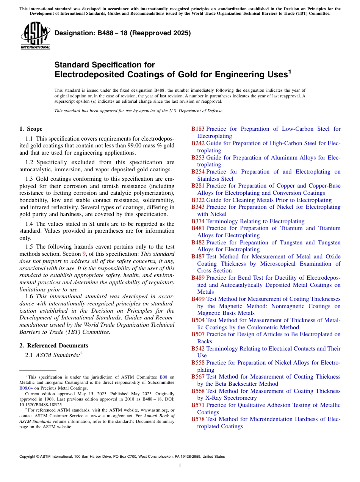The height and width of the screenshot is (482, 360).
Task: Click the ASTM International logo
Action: [x=35, y=36]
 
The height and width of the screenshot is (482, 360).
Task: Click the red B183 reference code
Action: [x=198, y=129]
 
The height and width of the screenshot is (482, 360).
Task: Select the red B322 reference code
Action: [x=198, y=200]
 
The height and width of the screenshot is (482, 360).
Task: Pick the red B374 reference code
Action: [x=198, y=221]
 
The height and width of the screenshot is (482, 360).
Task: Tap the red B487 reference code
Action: [x=198, y=257]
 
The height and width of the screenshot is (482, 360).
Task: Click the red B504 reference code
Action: [x=198, y=320]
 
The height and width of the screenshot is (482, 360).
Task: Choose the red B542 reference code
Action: [x=198, y=349]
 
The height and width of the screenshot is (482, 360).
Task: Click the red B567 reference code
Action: [x=198, y=377]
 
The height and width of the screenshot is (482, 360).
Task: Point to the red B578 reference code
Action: [x=198, y=419]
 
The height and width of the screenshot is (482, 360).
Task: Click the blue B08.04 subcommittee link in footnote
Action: [x=26, y=388]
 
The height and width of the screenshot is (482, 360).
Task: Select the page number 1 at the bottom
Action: [x=180, y=465]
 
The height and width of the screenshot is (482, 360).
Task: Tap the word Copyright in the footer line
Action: [x=28, y=457]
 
